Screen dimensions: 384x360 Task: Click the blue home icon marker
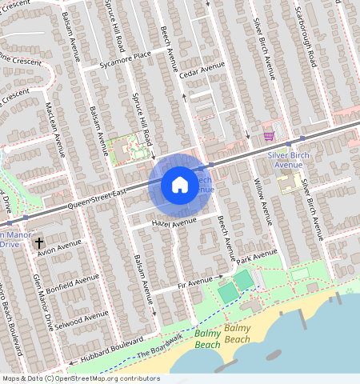180,186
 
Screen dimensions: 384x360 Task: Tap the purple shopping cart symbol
269,136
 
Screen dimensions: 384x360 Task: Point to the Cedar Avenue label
204,72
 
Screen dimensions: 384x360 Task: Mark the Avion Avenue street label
59,247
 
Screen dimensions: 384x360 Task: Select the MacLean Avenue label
55,128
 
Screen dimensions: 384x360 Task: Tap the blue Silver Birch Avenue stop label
290,158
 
